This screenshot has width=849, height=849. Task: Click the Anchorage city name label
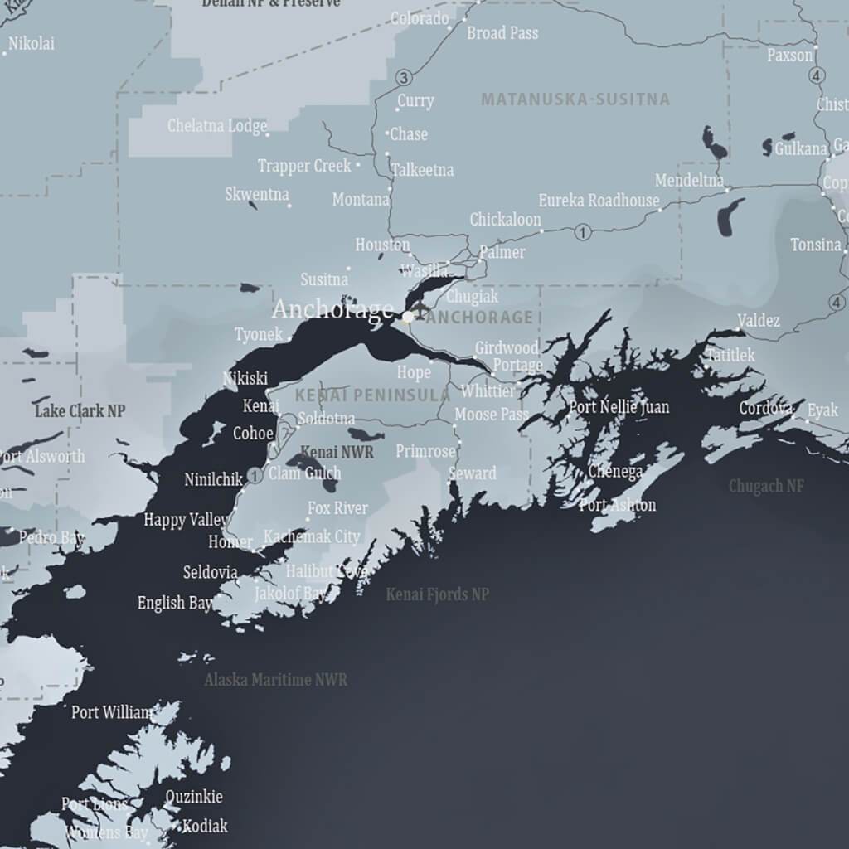[332, 309]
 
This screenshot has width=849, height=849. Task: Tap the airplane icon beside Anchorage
[420, 311]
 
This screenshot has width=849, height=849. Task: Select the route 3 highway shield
[404, 78]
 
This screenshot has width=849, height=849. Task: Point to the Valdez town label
[759, 320]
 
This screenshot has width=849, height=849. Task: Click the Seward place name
[472, 473]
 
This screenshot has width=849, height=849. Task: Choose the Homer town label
[230, 542]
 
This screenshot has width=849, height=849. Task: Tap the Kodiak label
[205, 826]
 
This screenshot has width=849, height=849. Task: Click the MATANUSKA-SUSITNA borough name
[575, 99]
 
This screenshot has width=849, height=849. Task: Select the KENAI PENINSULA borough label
[372, 395]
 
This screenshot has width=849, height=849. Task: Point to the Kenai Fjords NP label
[437, 594]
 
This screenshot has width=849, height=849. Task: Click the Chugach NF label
[766, 486]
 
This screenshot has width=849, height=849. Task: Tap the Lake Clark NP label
[80, 410]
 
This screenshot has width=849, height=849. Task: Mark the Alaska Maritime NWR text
[276, 680]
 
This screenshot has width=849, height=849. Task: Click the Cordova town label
[766, 408]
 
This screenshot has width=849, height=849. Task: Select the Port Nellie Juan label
[619, 407]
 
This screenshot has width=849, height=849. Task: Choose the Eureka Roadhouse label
[599, 201]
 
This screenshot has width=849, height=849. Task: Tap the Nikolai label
[32, 43]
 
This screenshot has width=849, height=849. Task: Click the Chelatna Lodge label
[217, 126]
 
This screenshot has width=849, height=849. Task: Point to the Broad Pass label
[502, 33]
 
